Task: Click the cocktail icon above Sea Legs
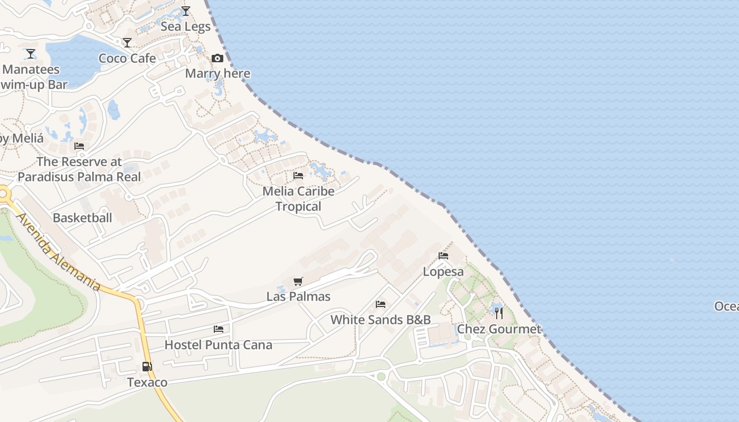click(185, 11)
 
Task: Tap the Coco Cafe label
click(127, 58)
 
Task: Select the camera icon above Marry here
click(217, 58)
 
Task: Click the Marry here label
click(217, 73)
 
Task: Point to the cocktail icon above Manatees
click(31, 54)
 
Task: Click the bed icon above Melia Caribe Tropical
click(298, 175)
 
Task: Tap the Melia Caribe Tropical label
click(298, 198)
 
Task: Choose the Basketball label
click(82, 217)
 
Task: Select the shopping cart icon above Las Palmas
click(298, 281)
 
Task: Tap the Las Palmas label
click(298, 296)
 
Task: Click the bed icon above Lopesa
click(443, 256)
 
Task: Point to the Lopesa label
click(443, 272)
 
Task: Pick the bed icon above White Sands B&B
click(381, 304)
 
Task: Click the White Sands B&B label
click(381, 320)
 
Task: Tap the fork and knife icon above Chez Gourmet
click(499, 313)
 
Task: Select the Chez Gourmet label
click(499, 329)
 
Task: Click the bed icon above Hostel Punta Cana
click(219, 329)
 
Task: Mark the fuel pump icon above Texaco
click(147, 367)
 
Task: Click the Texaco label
click(147, 382)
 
